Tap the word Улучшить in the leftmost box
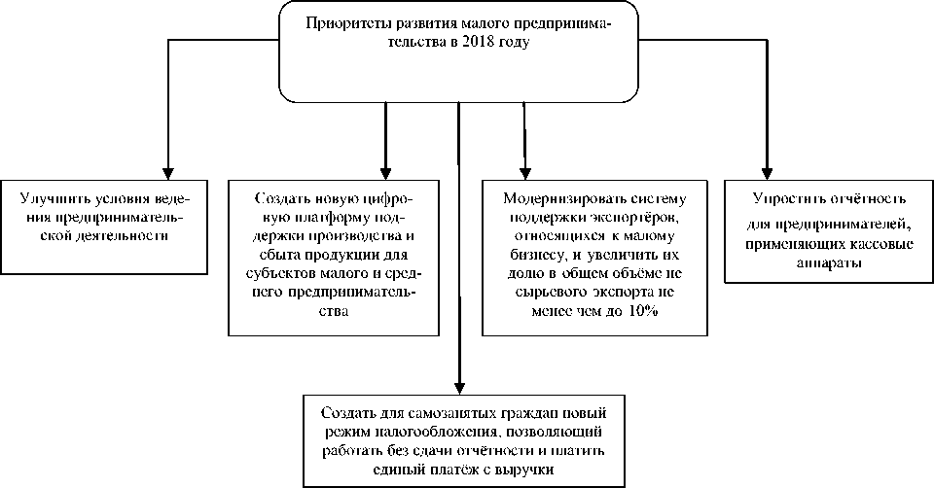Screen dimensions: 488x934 tap(49, 197)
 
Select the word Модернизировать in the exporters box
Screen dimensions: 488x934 tap(555, 198)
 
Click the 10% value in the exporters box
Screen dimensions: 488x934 tap(643, 311)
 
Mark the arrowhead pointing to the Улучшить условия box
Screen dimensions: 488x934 tap(168, 170)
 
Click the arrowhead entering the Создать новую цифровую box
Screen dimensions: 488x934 tap(386, 170)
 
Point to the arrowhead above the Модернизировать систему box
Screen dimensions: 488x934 tap(524, 170)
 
